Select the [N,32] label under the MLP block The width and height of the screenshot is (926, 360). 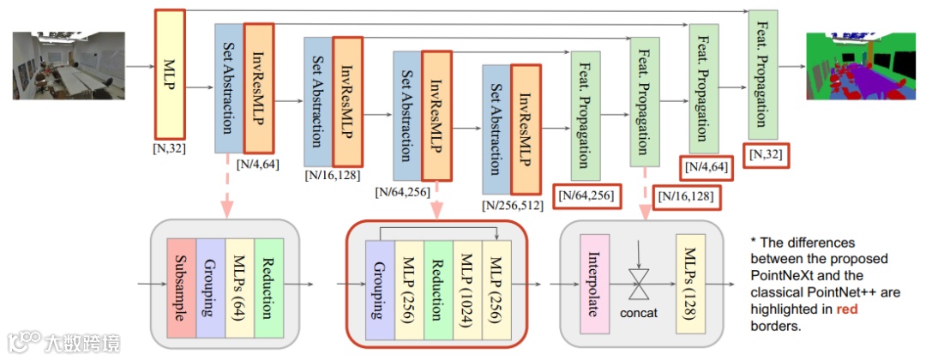(x=170, y=148)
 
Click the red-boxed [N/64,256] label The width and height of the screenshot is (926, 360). (x=586, y=196)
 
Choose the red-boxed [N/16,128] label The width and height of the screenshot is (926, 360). (x=685, y=198)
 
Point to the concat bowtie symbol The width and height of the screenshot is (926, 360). (x=639, y=283)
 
